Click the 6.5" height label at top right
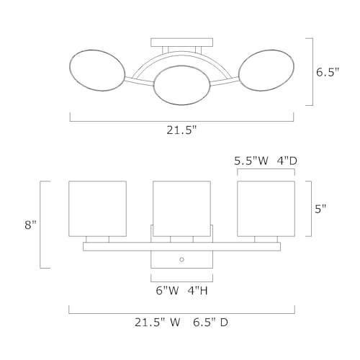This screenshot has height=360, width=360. click(328, 72)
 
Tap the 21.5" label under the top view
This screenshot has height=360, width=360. click(181, 130)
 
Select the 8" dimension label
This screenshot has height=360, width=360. click(30, 225)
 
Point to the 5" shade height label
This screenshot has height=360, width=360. click(320, 209)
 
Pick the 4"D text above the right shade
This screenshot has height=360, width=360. click(287, 161)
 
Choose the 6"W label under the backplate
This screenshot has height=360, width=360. click(168, 291)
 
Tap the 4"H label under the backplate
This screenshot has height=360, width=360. click(198, 291)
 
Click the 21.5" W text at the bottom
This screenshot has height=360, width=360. click(157, 322)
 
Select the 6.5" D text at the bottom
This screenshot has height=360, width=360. click(210, 322)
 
